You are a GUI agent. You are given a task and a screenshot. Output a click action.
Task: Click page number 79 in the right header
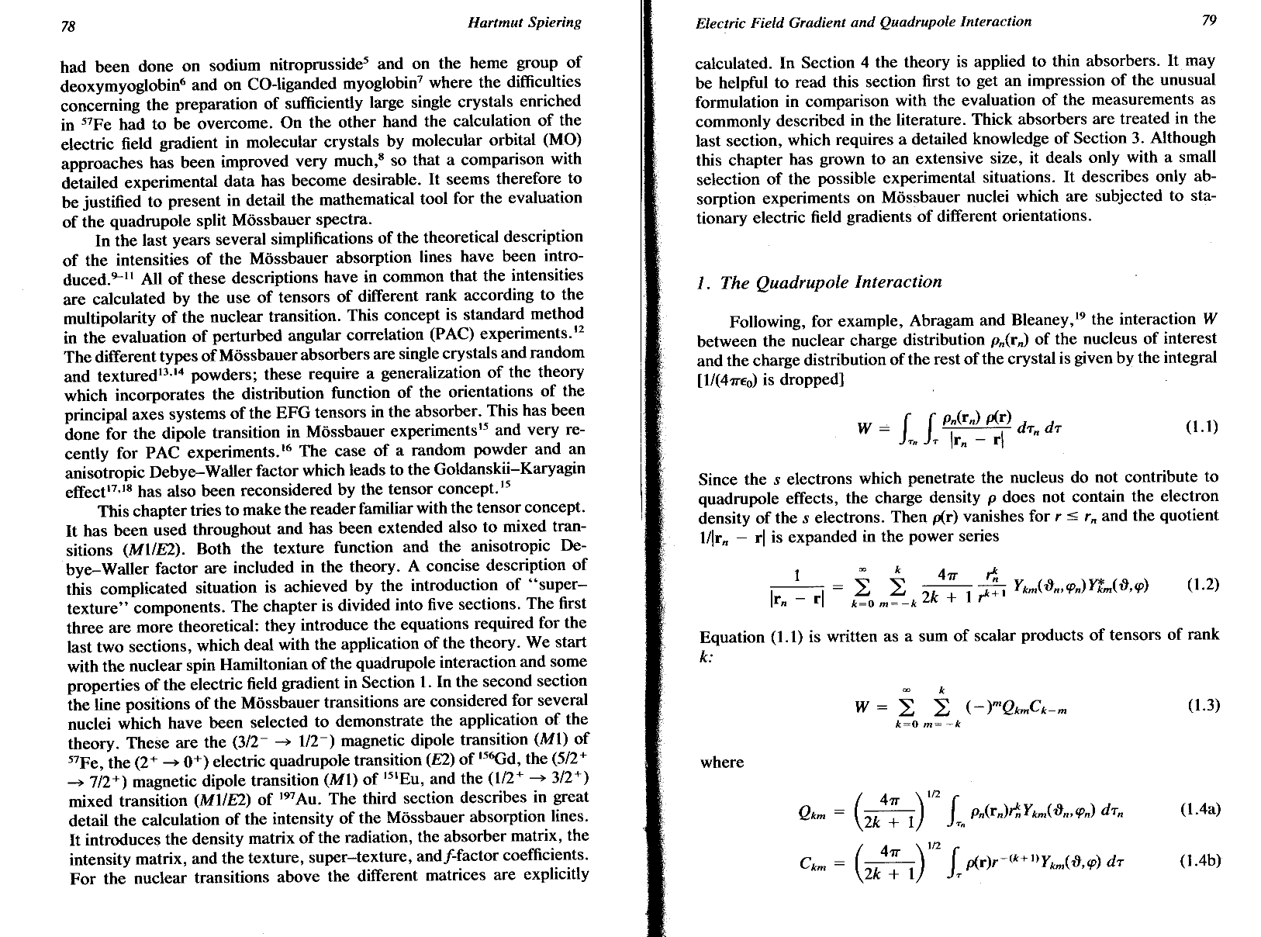[1208, 21]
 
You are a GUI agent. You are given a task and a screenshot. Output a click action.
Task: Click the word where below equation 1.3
[722, 762]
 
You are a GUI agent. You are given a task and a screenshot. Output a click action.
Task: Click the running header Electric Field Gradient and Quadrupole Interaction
[863, 22]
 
